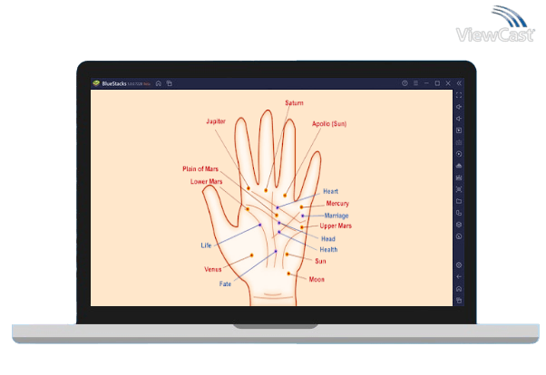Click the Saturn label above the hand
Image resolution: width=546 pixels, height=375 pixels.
tap(294, 103)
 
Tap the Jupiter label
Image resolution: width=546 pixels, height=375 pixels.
tap(215, 120)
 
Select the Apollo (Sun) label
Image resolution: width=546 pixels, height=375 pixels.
tap(329, 123)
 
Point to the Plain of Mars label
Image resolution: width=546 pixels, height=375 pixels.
tap(200, 168)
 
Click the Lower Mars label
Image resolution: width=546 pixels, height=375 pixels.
tap(206, 181)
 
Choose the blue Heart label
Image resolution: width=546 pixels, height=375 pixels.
tap(330, 192)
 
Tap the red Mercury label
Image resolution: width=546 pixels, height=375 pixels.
tap(337, 204)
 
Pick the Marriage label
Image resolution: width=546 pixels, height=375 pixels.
tap(336, 216)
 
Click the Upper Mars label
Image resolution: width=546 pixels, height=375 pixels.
tap(336, 226)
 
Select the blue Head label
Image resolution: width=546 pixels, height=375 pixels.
tap(328, 238)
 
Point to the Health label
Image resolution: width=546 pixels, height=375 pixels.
tap(328, 249)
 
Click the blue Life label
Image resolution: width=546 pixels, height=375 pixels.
tap(206, 245)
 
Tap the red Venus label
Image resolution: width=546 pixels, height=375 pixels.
tap(212, 270)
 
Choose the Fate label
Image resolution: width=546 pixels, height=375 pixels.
tap(225, 284)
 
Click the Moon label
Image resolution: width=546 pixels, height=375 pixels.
tap(317, 280)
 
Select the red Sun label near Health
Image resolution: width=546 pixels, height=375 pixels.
tap(320, 261)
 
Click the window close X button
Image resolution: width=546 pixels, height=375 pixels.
tap(448, 83)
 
